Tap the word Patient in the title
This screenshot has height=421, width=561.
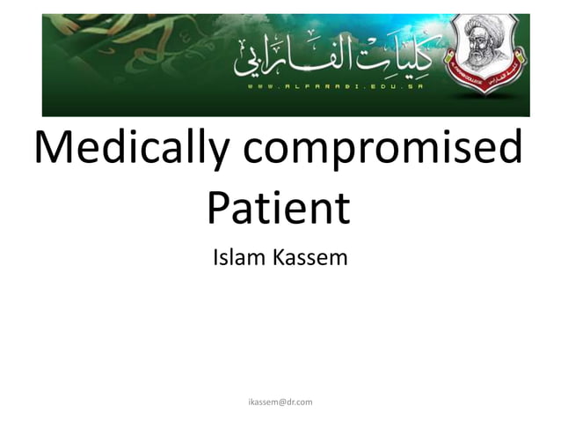(x=278, y=207)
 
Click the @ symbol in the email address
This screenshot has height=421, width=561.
(x=280, y=402)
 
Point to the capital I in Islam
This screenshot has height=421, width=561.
(x=216, y=258)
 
